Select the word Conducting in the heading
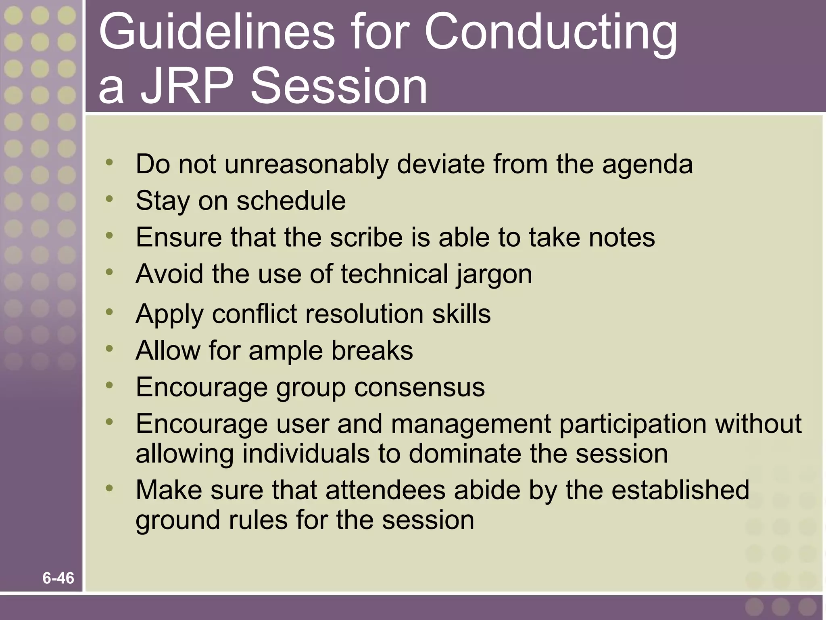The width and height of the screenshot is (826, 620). [551, 34]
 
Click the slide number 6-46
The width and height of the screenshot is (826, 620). [58, 578]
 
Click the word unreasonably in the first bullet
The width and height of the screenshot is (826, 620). [307, 165]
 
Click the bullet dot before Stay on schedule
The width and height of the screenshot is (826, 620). [109, 199]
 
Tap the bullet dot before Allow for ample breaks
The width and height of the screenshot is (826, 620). [109, 348]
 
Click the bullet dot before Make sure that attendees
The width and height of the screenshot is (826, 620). [109, 488]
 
